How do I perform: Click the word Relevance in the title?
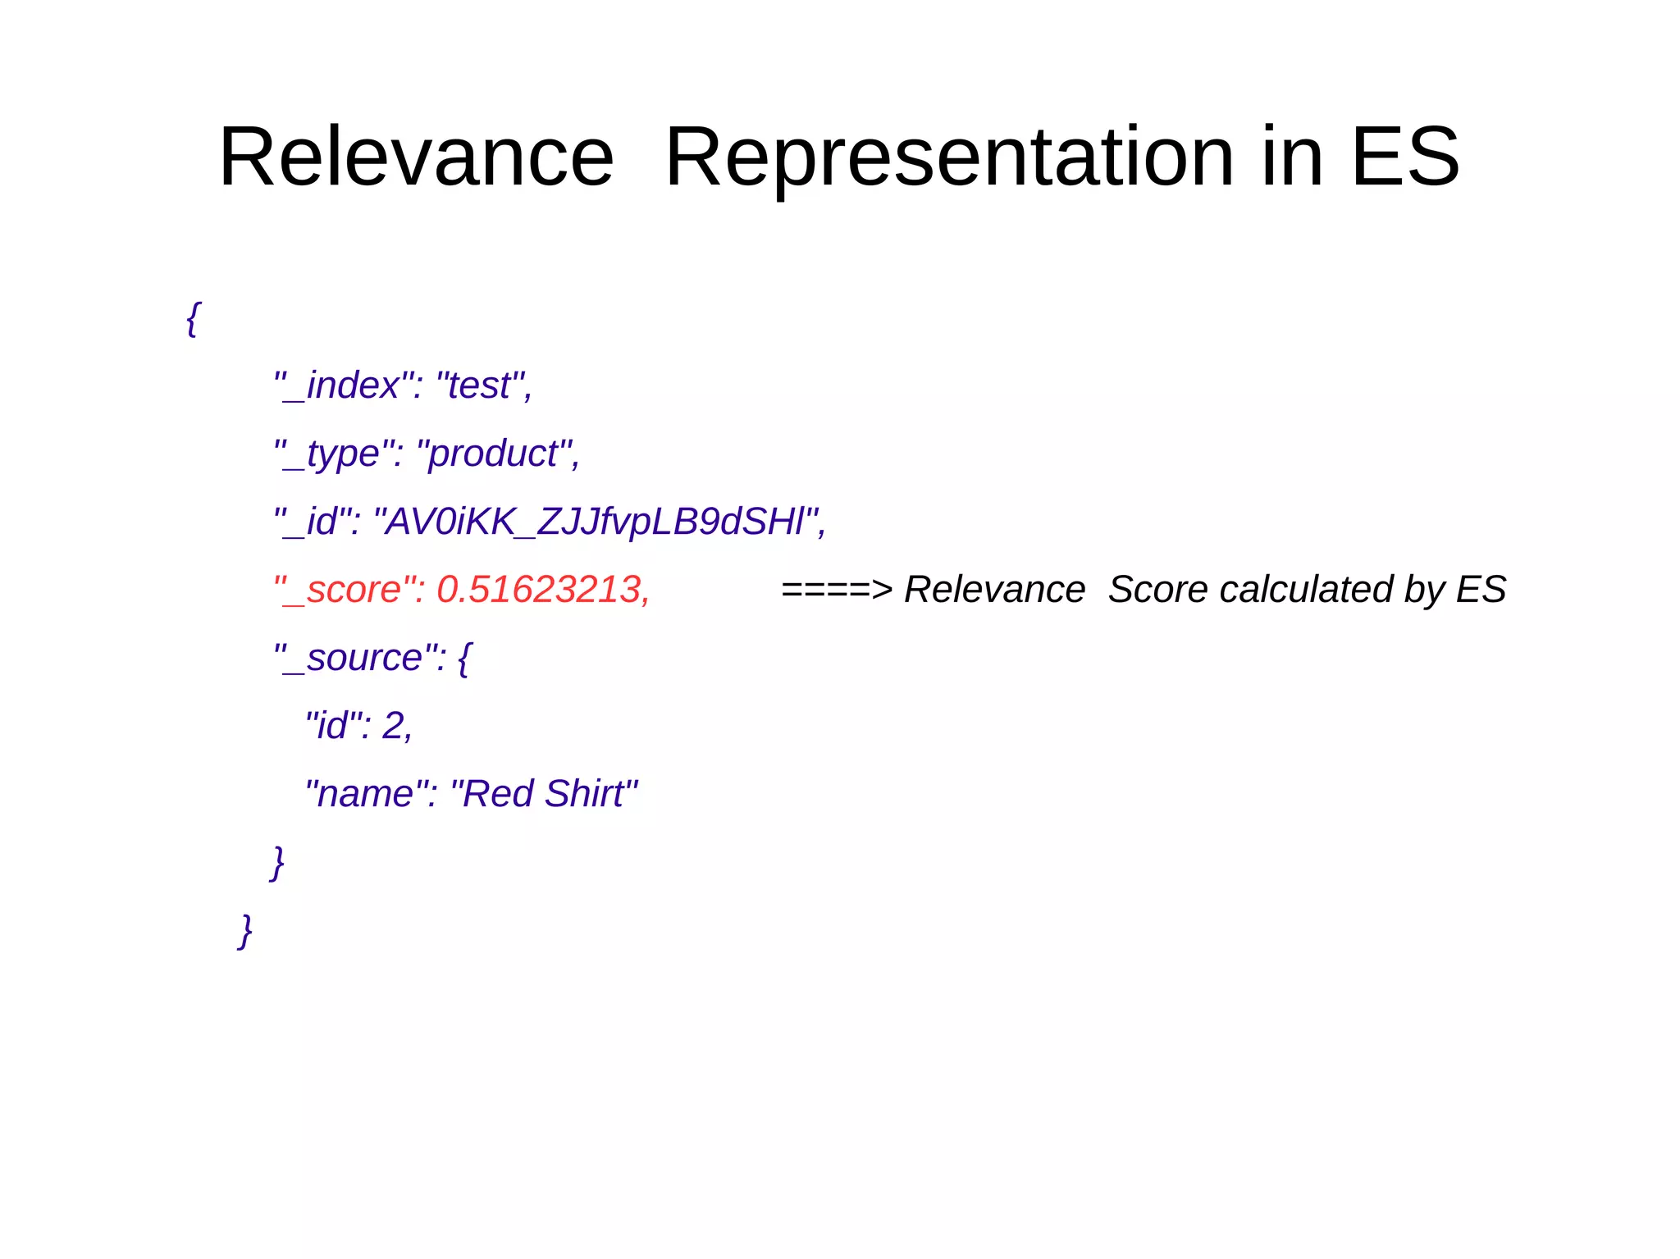point(416,157)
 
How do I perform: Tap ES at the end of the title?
point(1404,157)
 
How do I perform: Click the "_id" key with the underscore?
point(317,522)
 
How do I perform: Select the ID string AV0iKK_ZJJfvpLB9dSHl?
point(596,522)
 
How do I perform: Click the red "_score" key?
point(347,590)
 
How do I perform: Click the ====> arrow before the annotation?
point(836,590)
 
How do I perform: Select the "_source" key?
point(359,658)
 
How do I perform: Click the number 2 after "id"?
point(394,726)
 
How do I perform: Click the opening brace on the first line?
point(193,318)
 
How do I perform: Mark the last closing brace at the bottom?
point(244,931)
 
